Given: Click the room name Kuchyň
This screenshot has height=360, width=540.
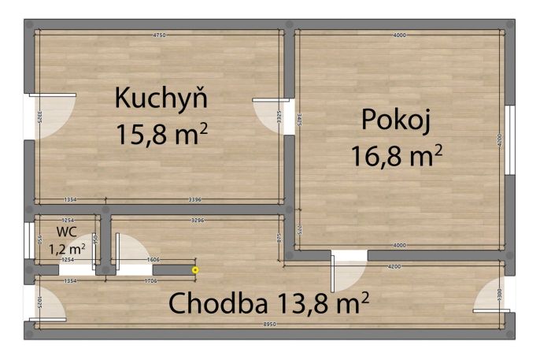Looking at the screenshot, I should [x=161, y=99].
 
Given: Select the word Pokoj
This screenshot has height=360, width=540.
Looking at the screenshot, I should [x=397, y=121].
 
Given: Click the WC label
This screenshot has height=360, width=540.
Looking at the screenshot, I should [x=66, y=232].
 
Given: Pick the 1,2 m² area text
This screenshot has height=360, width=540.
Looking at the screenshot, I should [x=67, y=247].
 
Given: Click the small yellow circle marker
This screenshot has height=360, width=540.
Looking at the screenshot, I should [x=195, y=270].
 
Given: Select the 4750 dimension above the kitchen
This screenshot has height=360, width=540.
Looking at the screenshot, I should [x=160, y=35].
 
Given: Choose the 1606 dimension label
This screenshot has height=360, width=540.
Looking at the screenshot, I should [x=153, y=259].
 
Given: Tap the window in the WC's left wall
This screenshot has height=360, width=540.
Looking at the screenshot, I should [x=29, y=240].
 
